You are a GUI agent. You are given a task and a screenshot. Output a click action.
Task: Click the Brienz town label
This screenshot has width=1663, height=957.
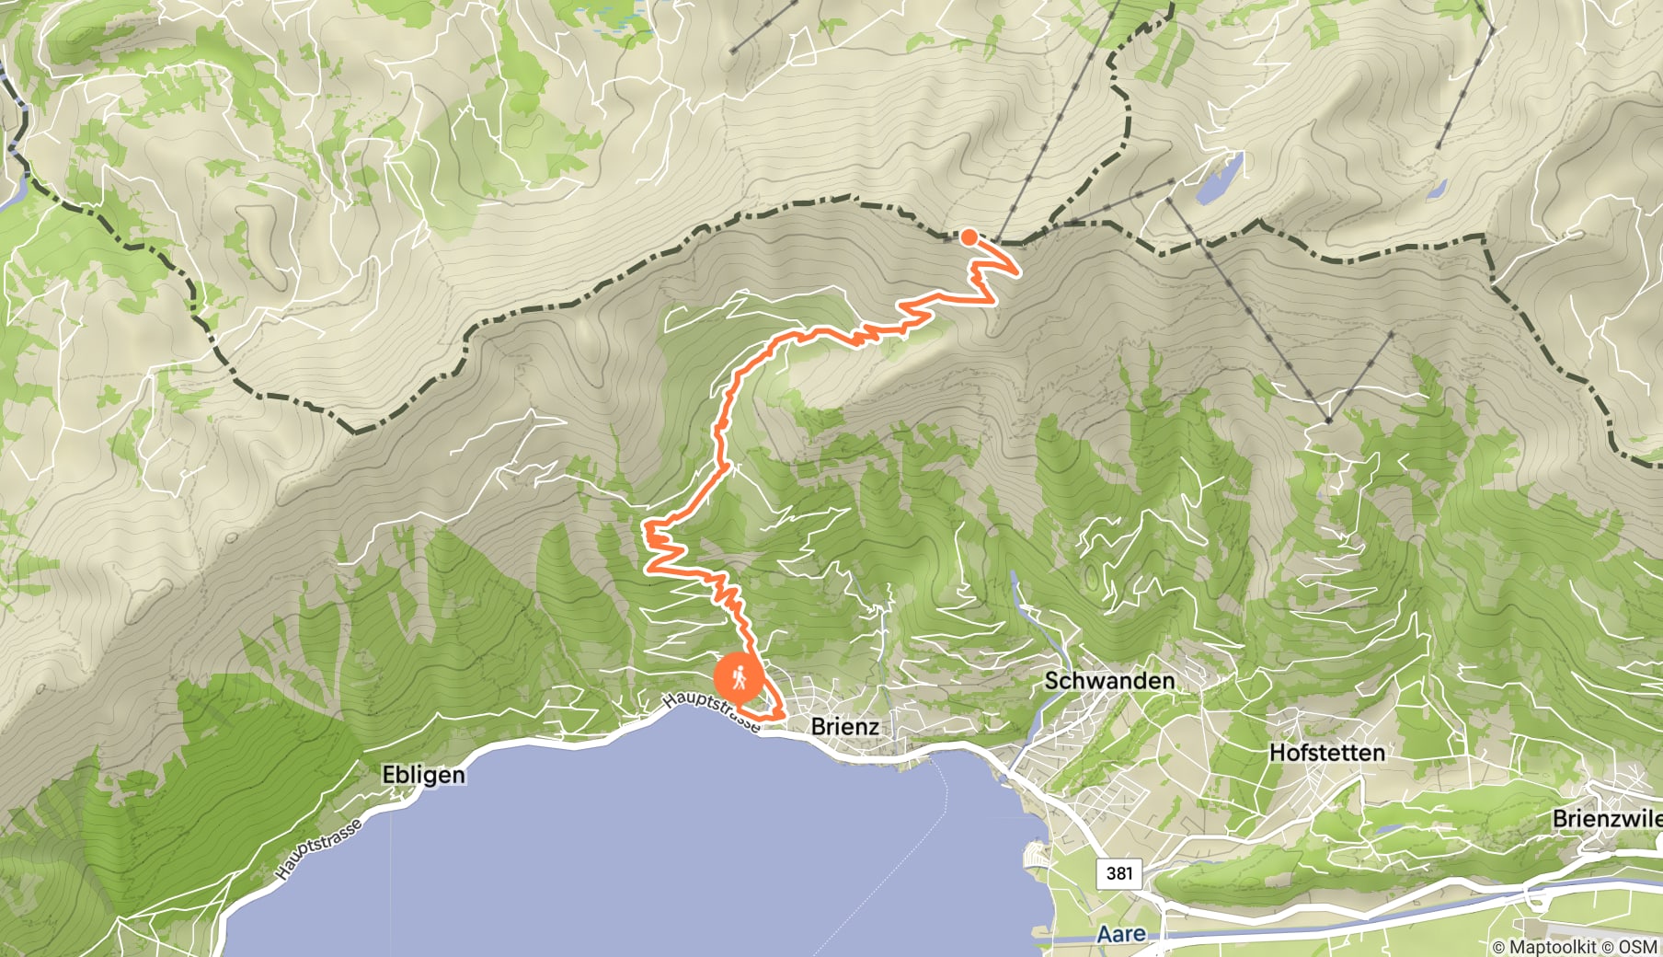(844, 726)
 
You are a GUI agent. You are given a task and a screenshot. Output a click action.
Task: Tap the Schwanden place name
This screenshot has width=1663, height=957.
(1109, 681)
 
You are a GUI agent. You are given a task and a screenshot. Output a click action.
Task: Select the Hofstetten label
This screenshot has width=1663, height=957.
(1326, 753)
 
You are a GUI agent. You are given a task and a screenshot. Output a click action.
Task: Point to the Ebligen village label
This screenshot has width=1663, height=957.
(423, 775)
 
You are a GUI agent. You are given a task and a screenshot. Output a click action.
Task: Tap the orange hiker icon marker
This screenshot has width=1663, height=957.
(739, 680)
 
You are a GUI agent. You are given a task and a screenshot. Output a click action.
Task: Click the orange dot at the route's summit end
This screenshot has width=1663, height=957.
(969, 236)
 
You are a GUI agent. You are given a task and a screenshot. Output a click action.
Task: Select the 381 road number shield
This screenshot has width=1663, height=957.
(1118, 872)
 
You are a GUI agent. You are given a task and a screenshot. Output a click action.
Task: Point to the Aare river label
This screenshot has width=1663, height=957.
(1121, 935)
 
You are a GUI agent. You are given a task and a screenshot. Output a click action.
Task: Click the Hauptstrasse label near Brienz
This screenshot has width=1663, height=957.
(711, 712)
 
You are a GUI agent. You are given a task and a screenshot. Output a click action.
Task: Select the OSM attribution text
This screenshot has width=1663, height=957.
(1638, 946)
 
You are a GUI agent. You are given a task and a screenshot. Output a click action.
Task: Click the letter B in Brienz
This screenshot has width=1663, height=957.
(819, 726)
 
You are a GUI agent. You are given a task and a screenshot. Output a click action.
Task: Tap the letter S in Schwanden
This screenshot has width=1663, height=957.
(1052, 681)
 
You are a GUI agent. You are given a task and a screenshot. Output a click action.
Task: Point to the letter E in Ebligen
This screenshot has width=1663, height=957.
(389, 775)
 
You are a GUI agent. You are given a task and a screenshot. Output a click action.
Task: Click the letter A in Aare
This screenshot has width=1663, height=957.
(1104, 935)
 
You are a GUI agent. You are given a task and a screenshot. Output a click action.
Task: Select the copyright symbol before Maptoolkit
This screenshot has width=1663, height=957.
(1499, 946)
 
